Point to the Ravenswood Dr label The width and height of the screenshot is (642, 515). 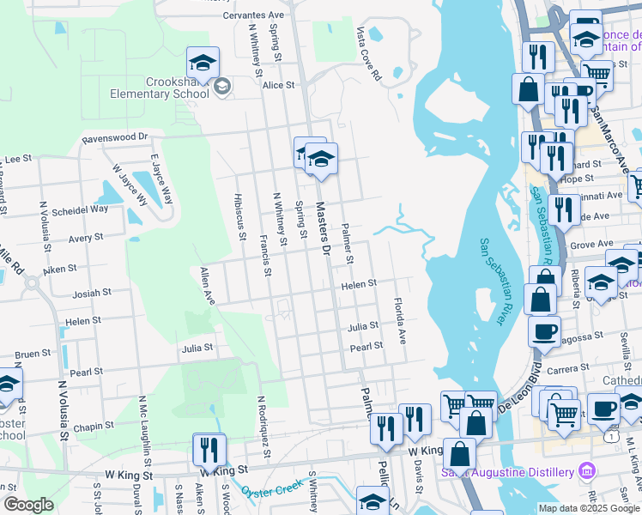click(115, 136)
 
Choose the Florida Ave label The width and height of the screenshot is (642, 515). click(399, 320)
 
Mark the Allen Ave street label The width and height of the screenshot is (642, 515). click(206, 286)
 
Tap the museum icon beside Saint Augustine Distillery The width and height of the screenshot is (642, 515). click(586, 471)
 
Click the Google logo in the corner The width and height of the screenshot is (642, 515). click(27, 505)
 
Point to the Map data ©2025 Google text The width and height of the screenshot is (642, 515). click(589, 508)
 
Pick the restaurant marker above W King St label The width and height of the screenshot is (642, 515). click(209, 448)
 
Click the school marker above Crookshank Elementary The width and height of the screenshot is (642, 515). click(203, 62)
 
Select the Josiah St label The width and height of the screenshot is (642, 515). click(91, 293)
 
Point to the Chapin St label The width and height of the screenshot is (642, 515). click(94, 426)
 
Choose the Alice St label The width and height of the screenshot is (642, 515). click(279, 85)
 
